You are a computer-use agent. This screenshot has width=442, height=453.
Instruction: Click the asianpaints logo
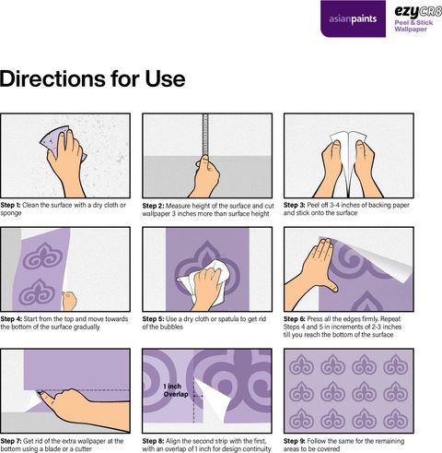(x=353, y=18)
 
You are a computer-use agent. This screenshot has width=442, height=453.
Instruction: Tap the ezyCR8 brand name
(x=418, y=12)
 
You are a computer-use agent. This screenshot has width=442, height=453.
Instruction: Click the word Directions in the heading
(x=53, y=78)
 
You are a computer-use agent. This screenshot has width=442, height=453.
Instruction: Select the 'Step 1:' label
(x=10, y=205)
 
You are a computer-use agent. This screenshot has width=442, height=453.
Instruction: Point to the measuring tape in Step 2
(x=205, y=136)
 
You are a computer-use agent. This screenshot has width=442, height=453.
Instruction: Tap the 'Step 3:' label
(x=294, y=205)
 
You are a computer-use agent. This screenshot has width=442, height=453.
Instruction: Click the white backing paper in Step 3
(x=348, y=145)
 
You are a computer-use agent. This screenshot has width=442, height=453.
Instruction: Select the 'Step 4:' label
(x=11, y=319)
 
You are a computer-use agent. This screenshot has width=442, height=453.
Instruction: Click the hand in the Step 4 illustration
(x=69, y=301)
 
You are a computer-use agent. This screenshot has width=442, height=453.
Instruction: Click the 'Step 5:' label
(x=153, y=319)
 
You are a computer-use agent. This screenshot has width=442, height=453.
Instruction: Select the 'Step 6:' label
(x=295, y=319)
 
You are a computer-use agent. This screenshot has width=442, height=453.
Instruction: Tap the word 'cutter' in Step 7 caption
(x=83, y=449)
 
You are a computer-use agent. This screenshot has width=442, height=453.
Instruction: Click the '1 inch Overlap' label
(x=175, y=390)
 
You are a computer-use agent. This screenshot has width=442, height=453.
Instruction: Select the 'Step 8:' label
(x=153, y=441)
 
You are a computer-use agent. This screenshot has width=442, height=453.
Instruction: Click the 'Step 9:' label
(x=295, y=441)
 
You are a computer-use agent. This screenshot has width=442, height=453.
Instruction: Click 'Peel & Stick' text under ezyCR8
(x=413, y=22)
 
